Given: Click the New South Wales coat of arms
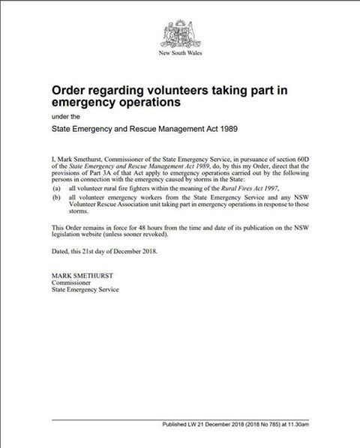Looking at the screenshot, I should (x=180, y=36).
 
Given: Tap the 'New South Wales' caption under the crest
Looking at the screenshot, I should (x=180, y=54).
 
